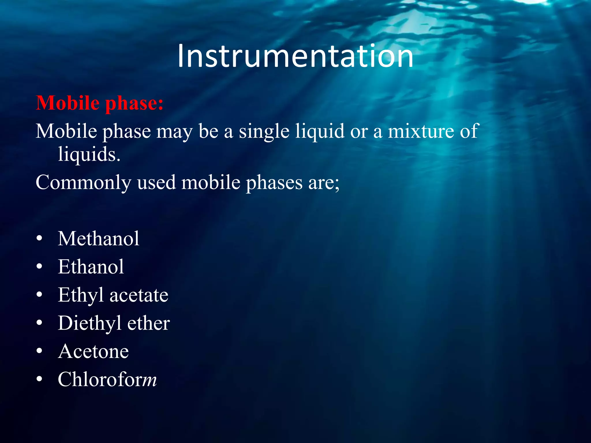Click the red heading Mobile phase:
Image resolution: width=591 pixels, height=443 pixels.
[x=100, y=103]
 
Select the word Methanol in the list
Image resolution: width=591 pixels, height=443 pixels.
[x=98, y=239]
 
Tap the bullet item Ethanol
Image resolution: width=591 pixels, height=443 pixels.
[x=91, y=267]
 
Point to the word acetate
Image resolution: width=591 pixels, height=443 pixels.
[x=139, y=295]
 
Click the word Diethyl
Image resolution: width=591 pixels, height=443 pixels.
[x=89, y=323]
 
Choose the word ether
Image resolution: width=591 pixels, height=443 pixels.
[x=148, y=323]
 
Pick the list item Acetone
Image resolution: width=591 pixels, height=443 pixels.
[x=93, y=351]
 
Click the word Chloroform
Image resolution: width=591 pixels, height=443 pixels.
[x=107, y=379]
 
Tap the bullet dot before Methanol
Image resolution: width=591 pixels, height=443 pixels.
[x=40, y=239]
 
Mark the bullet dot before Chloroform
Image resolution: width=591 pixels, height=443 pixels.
[x=40, y=379]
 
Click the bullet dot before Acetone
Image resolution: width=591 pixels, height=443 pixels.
[x=40, y=351]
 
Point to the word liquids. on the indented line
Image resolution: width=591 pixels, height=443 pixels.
[x=89, y=154]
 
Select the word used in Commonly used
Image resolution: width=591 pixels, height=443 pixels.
[x=156, y=183]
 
